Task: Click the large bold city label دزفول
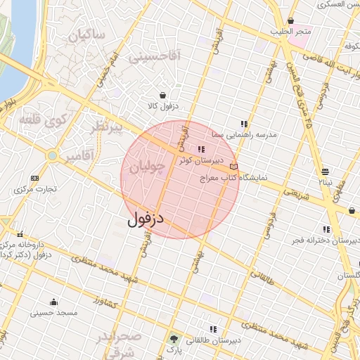tap(146, 219)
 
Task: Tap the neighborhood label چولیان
tap(148, 167)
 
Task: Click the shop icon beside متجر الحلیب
tap(290, 20)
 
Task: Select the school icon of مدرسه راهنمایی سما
tap(244, 123)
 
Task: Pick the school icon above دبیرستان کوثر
tap(202, 149)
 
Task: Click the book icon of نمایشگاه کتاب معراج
tap(234, 167)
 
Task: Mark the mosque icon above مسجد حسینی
tap(53, 302)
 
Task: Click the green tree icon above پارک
tap(173, 338)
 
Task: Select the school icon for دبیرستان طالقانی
tap(212, 328)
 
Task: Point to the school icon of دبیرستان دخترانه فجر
tap(325, 229)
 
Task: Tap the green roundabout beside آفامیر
tap(52, 155)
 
